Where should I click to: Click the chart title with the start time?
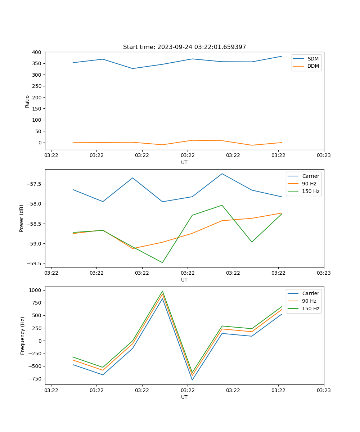click(184, 47)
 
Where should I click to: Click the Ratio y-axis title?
click(27, 101)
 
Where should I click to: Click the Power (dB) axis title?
click(22, 218)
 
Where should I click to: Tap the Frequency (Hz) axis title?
click(23, 336)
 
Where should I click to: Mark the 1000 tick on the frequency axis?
click(35, 290)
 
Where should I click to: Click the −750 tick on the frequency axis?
click(35, 379)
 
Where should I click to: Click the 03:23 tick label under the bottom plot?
click(324, 390)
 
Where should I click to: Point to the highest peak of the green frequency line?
click(162, 291)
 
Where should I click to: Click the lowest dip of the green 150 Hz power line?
click(162, 262)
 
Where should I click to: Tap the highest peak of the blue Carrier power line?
click(222, 174)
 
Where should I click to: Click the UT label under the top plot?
click(184, 162)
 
